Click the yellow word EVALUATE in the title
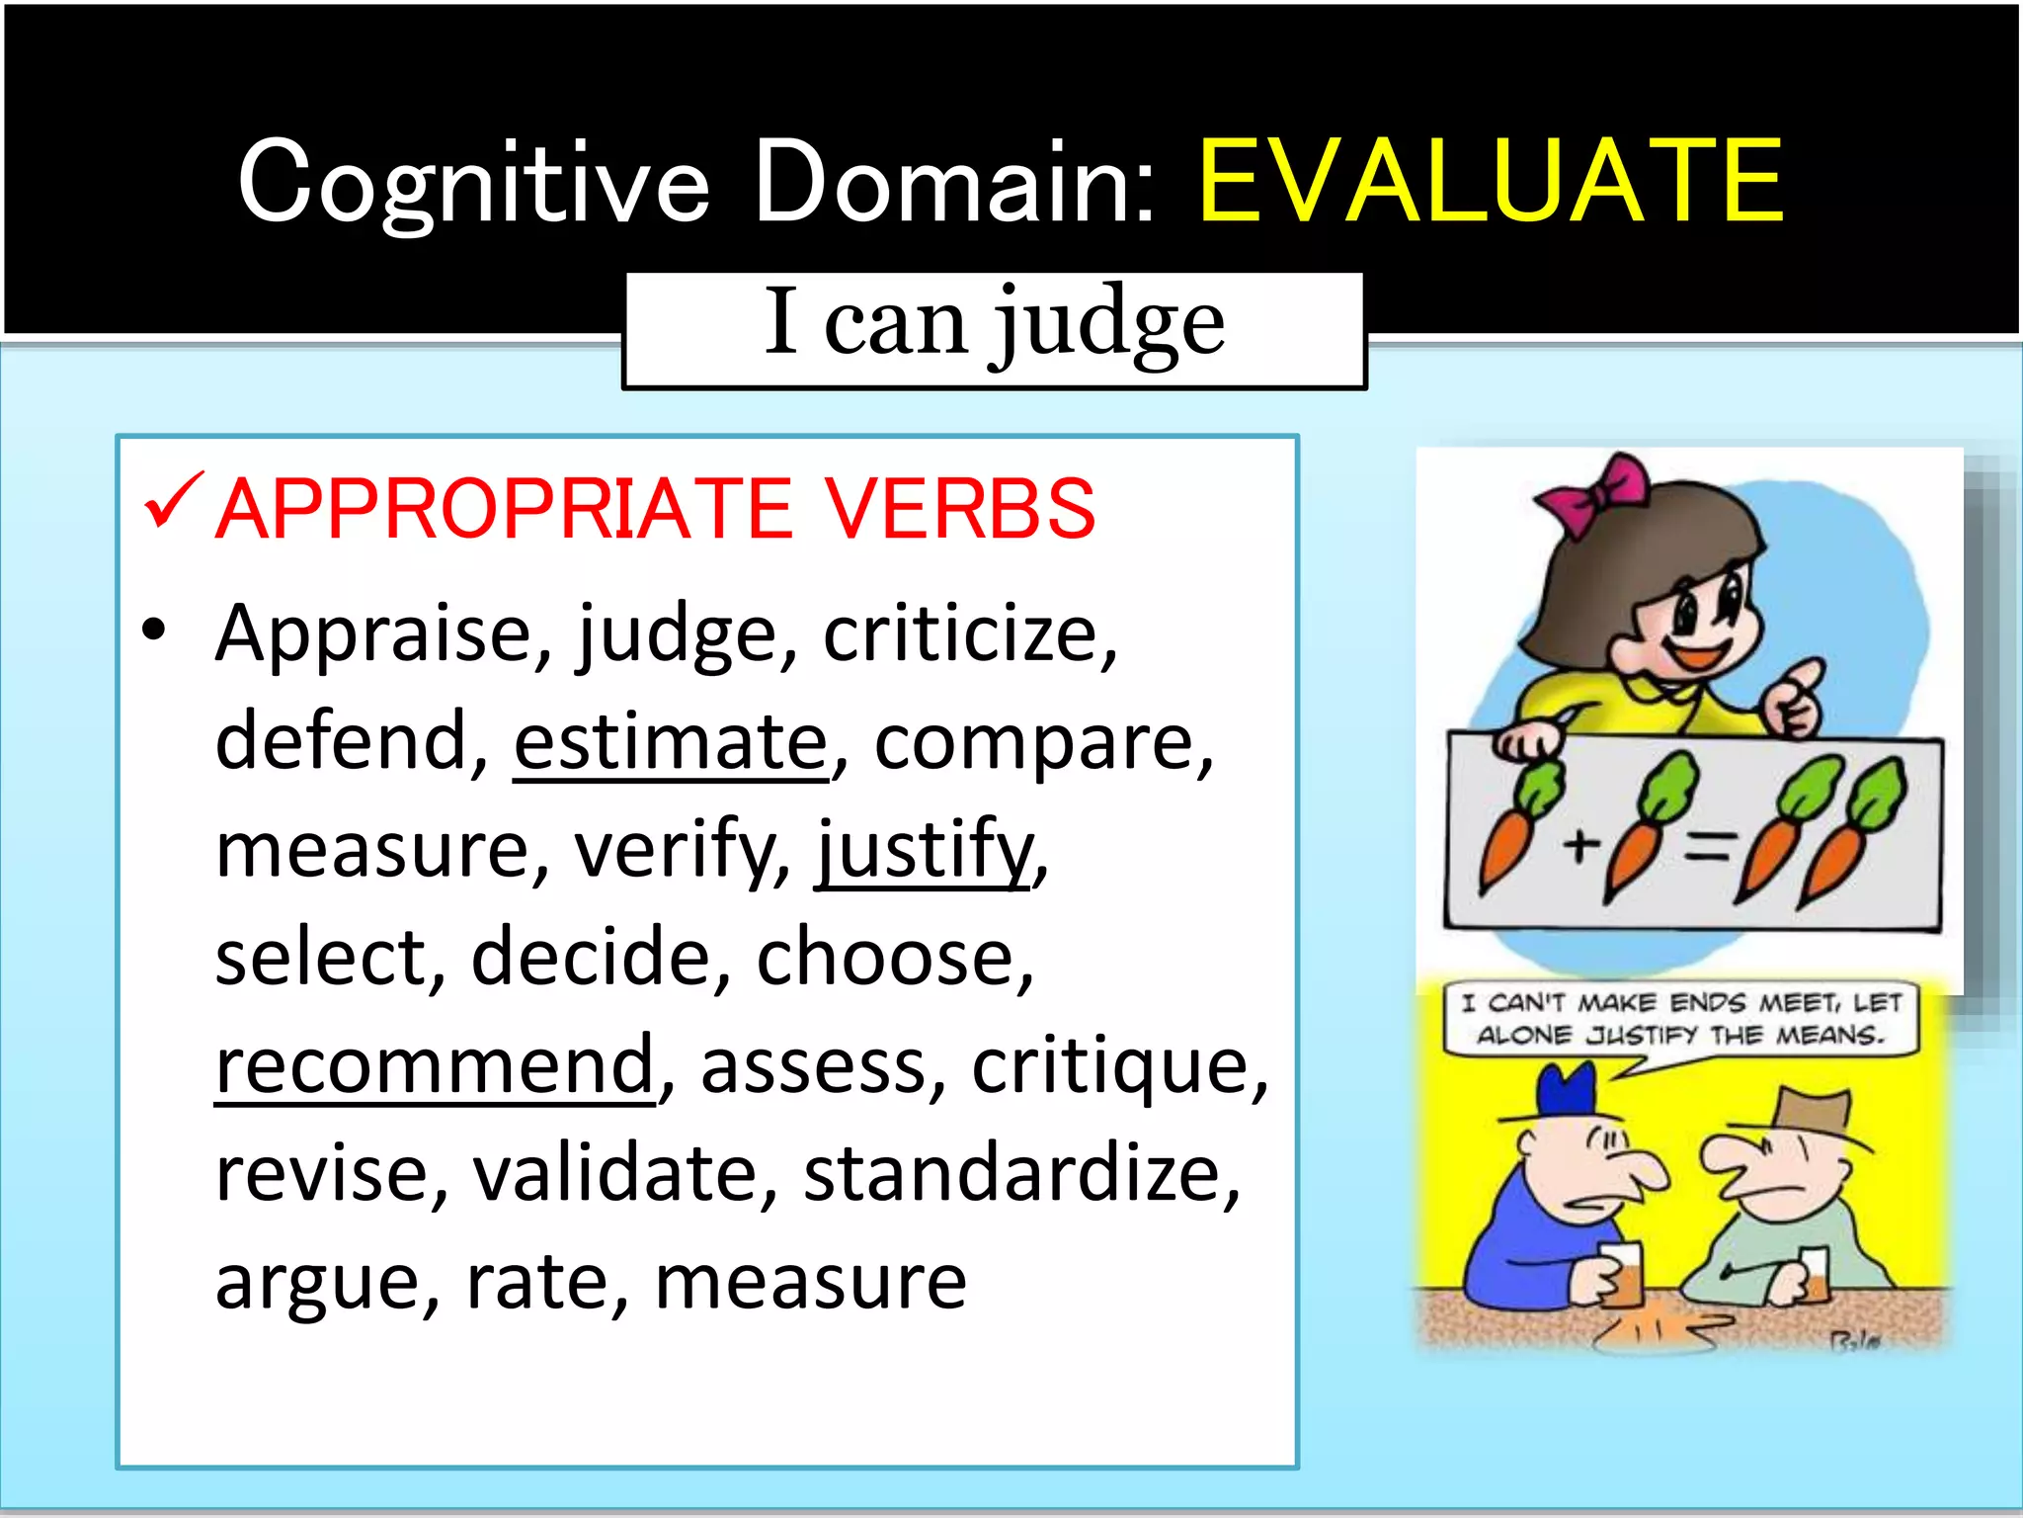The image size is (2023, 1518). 1491,183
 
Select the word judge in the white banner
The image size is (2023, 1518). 1108,323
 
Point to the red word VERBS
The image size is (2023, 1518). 960,509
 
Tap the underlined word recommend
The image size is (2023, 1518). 435,1065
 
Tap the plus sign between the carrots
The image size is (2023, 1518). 1580,845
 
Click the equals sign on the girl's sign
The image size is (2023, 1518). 1708,846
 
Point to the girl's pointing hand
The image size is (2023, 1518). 1796,698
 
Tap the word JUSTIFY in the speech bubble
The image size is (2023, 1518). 1641,1036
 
